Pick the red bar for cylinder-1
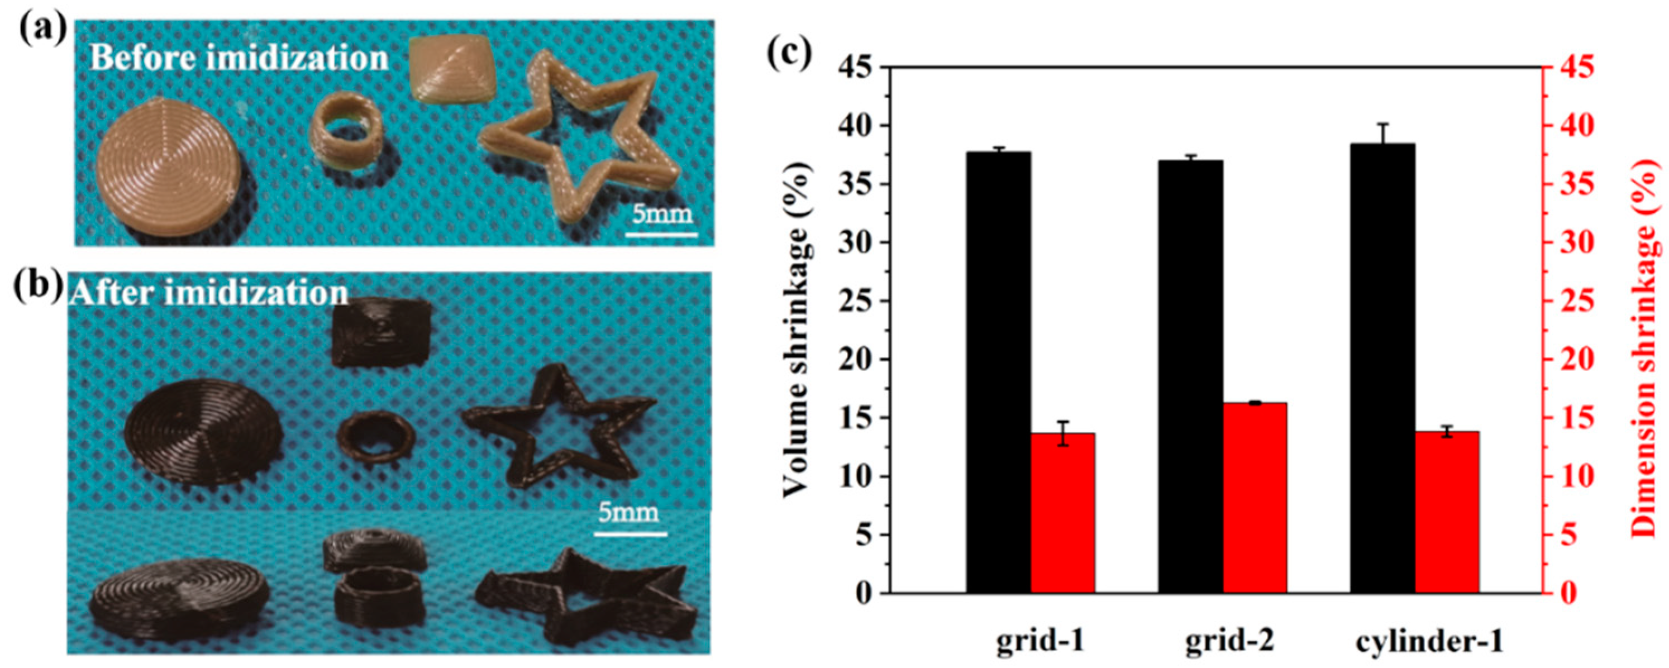point(1446,512)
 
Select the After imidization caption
point(209,293)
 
